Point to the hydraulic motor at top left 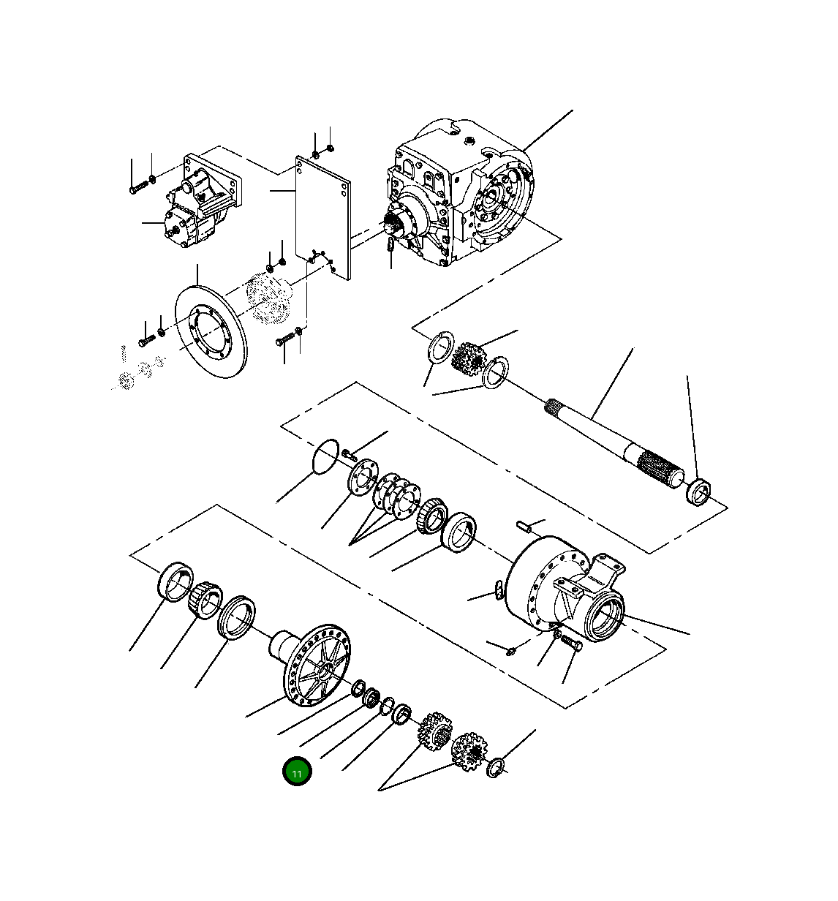pos(197,204)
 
